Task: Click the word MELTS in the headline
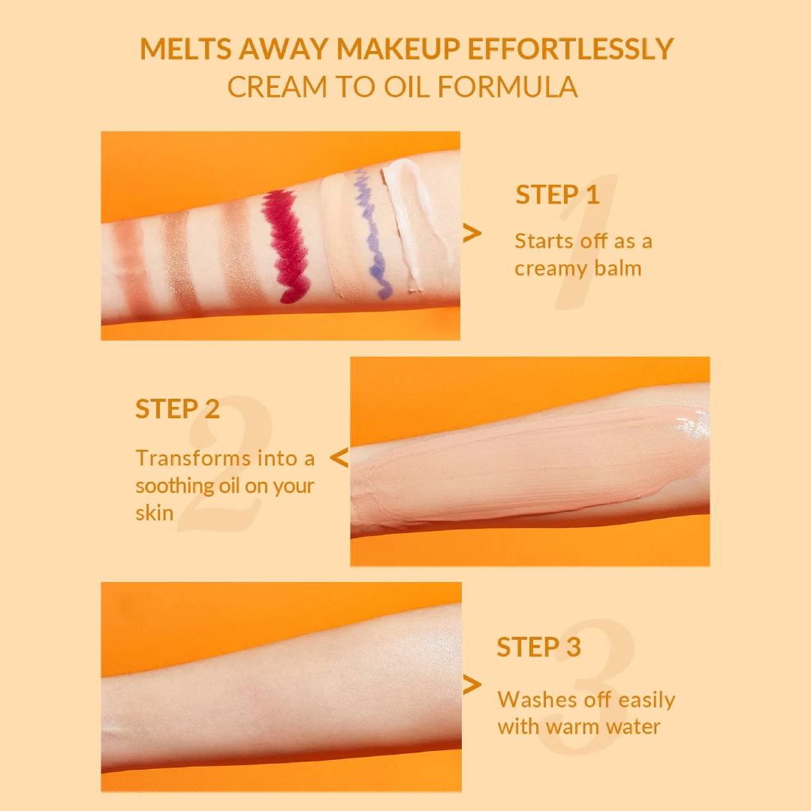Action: (185, 49)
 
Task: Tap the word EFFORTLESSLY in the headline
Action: (571, 49)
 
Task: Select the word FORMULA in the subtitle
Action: (508, 87)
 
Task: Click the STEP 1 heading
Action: (557, 195)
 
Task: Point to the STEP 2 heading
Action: (177, 409)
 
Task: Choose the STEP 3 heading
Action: (539, 647)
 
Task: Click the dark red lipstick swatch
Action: (287, 245)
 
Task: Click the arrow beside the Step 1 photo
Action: (472, 234)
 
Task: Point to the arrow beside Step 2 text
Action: (339, 458)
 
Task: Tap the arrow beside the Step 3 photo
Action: (472, 685)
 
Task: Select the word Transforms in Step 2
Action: (194, 458)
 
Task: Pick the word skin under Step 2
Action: (154, 513)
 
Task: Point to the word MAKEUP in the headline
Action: (398, 49)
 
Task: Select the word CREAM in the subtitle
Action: (277, 87)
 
